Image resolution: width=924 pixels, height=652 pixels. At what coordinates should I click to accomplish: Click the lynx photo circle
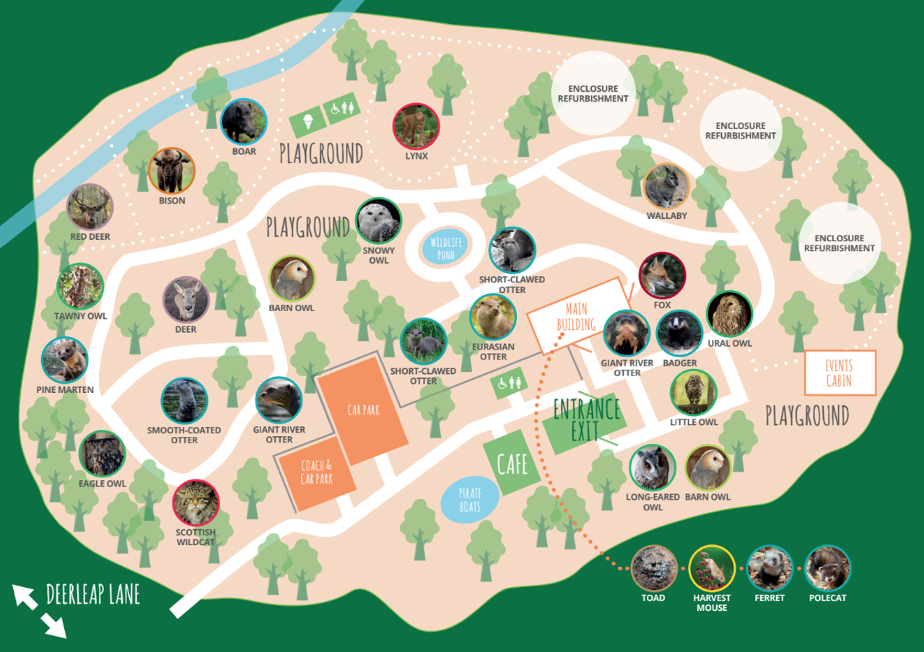coord(416,126)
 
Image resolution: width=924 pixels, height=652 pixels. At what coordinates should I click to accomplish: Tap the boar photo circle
coord(243,121)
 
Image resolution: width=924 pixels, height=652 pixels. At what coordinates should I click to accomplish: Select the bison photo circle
coord(171,170)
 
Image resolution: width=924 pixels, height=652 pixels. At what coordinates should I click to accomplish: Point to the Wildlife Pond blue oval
coord(445,248)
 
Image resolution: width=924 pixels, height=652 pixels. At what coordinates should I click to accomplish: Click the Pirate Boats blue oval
coord(469,499)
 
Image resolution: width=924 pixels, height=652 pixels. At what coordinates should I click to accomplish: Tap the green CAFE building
coord(512,463)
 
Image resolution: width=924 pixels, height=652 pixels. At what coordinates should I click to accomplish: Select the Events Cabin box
coord(840,373)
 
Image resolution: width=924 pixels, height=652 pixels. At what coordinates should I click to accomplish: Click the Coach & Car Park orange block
coord(315,472)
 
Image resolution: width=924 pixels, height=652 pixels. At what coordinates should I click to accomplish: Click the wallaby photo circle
coord(666,186)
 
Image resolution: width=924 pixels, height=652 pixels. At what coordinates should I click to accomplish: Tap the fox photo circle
coord(662,276)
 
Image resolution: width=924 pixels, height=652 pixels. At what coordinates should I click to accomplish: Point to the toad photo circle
coord(653,568)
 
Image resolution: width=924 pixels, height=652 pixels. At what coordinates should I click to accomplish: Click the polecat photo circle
coord(827,568)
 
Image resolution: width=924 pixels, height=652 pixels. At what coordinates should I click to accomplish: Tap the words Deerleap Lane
coord(92,595)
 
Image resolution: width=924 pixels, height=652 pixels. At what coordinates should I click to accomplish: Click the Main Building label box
coord(577,315)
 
